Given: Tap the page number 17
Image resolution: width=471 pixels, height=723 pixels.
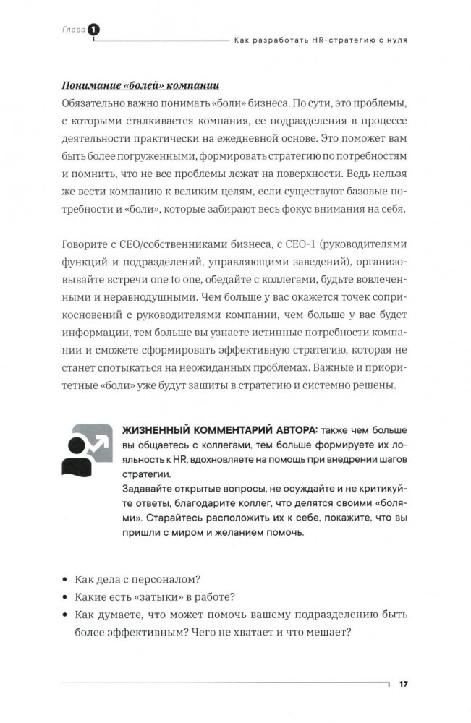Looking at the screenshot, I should click(404, 684).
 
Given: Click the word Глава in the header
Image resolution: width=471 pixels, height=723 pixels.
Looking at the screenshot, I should click(69, 29).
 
